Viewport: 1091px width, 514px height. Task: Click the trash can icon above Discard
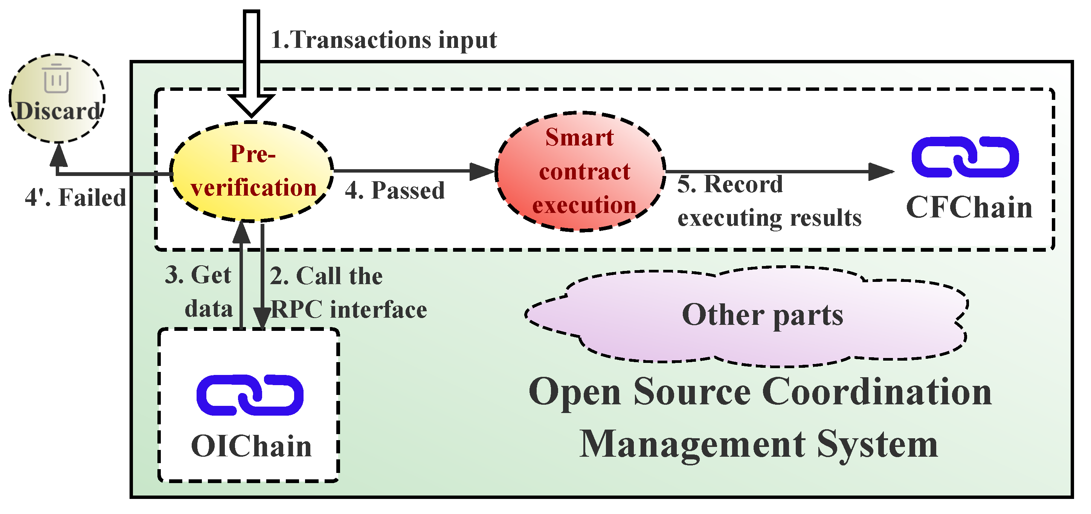[x=56, y=78]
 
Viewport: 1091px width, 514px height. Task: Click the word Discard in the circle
[x=58, y=112]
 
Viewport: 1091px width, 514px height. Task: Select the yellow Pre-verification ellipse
[x=252, y=171]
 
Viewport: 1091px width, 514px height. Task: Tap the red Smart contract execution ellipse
[x=580, y=171]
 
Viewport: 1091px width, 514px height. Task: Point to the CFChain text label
[x=969, y=208]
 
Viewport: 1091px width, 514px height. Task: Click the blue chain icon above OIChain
[x=250, y=395]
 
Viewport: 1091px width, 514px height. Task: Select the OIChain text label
[x=251, y=447]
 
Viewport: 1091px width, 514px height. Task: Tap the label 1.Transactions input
[x=383, y=40]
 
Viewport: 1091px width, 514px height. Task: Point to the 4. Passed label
[x=395, y=190]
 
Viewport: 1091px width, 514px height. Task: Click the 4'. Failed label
[x=75, y=198]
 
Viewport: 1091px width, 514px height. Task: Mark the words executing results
[x=769, y=218]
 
